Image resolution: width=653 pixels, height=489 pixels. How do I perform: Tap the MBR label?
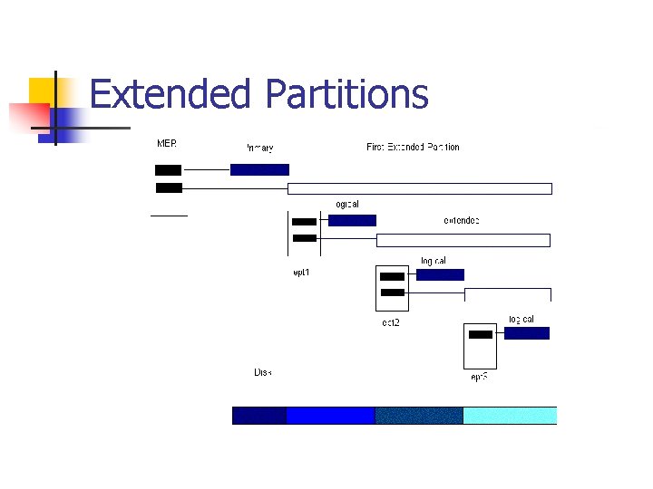167,144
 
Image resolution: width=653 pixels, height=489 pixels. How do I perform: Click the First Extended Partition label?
413,147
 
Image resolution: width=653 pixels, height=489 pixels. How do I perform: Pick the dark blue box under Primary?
259,169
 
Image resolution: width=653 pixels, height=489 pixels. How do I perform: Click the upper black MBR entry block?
168,169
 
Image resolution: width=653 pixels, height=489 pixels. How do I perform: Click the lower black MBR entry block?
169,187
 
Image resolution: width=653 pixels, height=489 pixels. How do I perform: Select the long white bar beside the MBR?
419,188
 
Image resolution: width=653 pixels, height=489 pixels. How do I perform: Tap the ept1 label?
301,272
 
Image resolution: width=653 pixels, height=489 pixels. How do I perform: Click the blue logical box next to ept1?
352,220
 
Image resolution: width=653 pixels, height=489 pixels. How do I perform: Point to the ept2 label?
390,322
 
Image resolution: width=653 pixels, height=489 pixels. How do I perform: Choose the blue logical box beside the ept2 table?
440,274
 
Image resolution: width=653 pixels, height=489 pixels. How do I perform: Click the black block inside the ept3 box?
481,334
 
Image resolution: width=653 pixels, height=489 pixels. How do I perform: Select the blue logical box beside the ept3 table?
526,333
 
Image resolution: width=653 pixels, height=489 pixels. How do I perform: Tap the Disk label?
262,372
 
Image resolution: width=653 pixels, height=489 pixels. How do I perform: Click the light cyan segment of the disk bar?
509,415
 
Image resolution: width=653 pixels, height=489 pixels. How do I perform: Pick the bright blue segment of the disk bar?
330,415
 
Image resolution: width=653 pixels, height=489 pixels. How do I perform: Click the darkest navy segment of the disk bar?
259,415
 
